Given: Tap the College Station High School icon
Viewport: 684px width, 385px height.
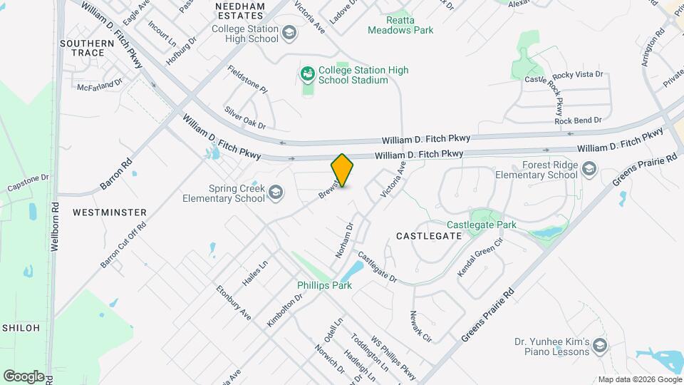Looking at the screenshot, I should [x=289, y=33].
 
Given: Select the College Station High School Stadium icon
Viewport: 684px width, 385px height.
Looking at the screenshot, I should [x=307, y=73].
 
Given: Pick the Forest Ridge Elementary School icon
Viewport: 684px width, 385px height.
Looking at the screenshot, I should [x=589, y=169].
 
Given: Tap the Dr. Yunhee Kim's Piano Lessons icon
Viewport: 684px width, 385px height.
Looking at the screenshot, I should [x=600, y=346].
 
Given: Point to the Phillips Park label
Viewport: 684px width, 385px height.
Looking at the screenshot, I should [x=324, y=285].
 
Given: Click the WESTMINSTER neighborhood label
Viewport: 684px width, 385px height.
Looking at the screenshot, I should [x=110, y=212].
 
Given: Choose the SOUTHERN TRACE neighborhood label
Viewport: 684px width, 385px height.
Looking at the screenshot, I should [x=87, y=48].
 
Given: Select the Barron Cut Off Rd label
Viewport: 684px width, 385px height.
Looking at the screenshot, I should [x=123, y=245].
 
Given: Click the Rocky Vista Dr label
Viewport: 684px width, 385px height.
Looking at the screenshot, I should [x=578, y=74].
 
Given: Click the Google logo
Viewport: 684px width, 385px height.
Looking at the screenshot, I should [x=24, y=376].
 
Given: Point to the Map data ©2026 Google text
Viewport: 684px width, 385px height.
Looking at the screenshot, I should [x=639, y=379].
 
